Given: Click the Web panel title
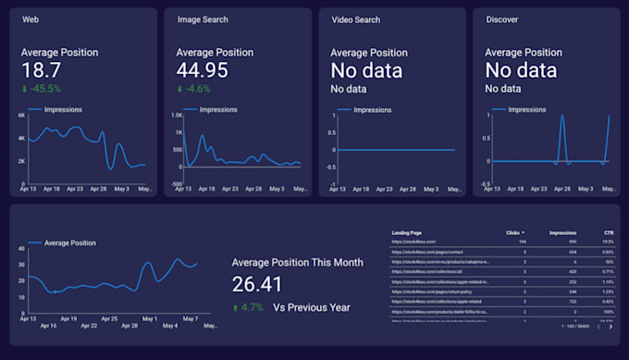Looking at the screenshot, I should pyautogui.click(x=30, y=20).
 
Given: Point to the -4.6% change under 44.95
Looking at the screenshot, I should pyautogui.click(x=196, y=90).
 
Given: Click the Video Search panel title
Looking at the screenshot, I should pyautogui.click(x=354, y=20).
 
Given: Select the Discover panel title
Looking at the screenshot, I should pyautogui.click(x=502, y=20).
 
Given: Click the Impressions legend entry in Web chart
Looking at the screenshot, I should pyautogui.click(x=63, y=110).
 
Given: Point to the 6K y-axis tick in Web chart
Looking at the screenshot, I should pyautogui.click(x=20, y=116).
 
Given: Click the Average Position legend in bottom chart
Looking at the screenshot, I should pyautogui.click(x=70, y=242).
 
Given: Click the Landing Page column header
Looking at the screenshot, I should pyautogui.click(x=406, y=232).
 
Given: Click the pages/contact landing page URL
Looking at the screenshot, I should pyautogui.click(x=422, y=253).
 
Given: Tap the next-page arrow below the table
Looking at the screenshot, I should pyautogui.click(x=610, y=326).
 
